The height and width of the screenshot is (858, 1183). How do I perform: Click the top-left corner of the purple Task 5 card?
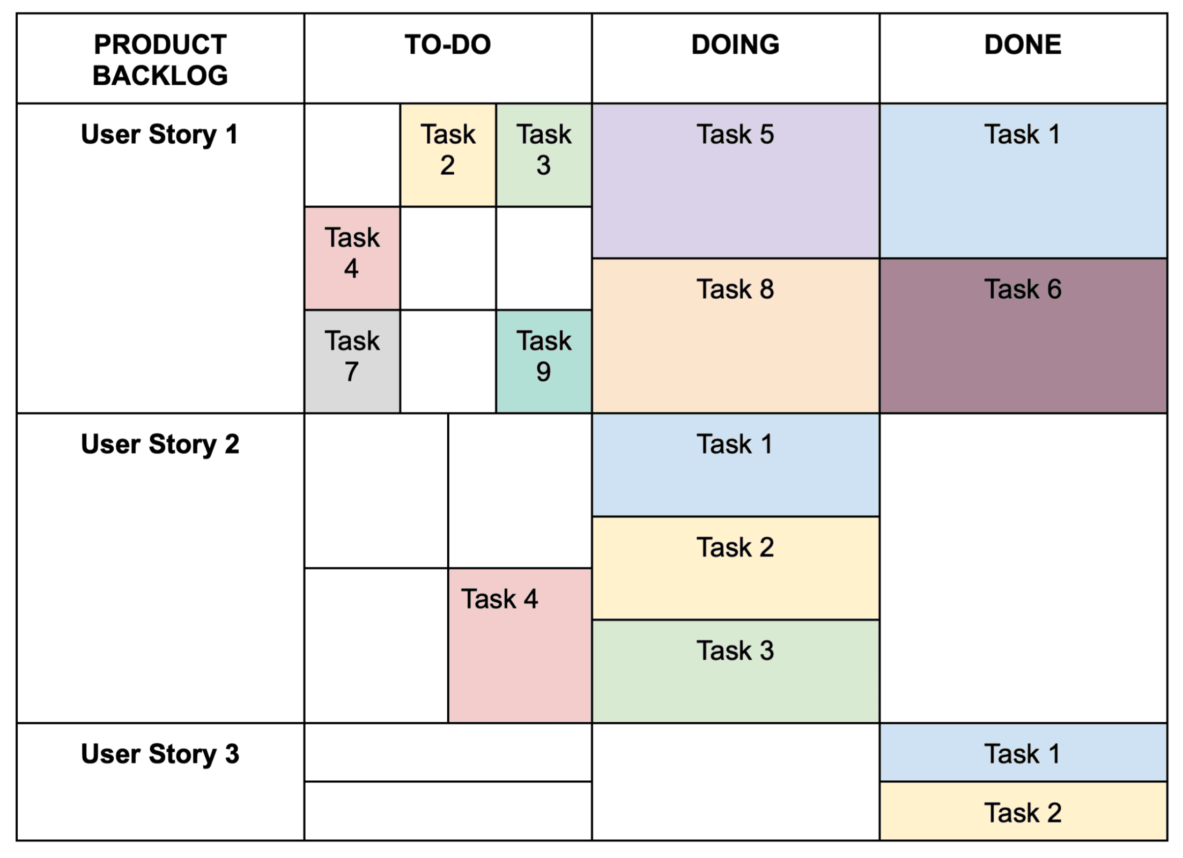(593, 104)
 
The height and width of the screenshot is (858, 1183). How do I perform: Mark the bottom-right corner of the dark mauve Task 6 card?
(1167, 412)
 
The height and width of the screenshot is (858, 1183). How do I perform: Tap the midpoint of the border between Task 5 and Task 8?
(736, 258)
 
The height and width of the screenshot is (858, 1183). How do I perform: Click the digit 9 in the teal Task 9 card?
(543, 372)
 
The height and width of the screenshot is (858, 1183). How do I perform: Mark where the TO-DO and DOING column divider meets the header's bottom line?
(592, 103)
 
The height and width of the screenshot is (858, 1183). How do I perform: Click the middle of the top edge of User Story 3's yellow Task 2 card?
(1024, 782)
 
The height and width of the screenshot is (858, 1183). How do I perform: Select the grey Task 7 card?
(352, 361)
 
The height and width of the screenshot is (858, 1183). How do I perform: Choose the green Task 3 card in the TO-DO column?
(544, 155)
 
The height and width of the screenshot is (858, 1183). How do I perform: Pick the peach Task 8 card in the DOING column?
(736, 336)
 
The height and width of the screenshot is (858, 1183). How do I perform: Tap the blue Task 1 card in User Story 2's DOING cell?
(736, 465)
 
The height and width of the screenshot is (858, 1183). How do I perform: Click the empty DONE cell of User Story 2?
(1024, 568)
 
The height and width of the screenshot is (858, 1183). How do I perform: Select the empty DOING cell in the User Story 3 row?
(736, 782)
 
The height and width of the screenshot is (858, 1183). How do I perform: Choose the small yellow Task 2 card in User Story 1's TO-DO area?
(448, 155)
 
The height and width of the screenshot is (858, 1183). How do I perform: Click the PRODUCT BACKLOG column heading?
(160, 60)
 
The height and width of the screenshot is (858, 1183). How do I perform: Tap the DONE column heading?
(1023, 45)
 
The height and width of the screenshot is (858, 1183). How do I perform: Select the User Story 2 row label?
(160, 444)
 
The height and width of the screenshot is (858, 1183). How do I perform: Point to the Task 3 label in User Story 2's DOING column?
(735, 650)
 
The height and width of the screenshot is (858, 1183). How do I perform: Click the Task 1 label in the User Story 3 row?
(1023, 753)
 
